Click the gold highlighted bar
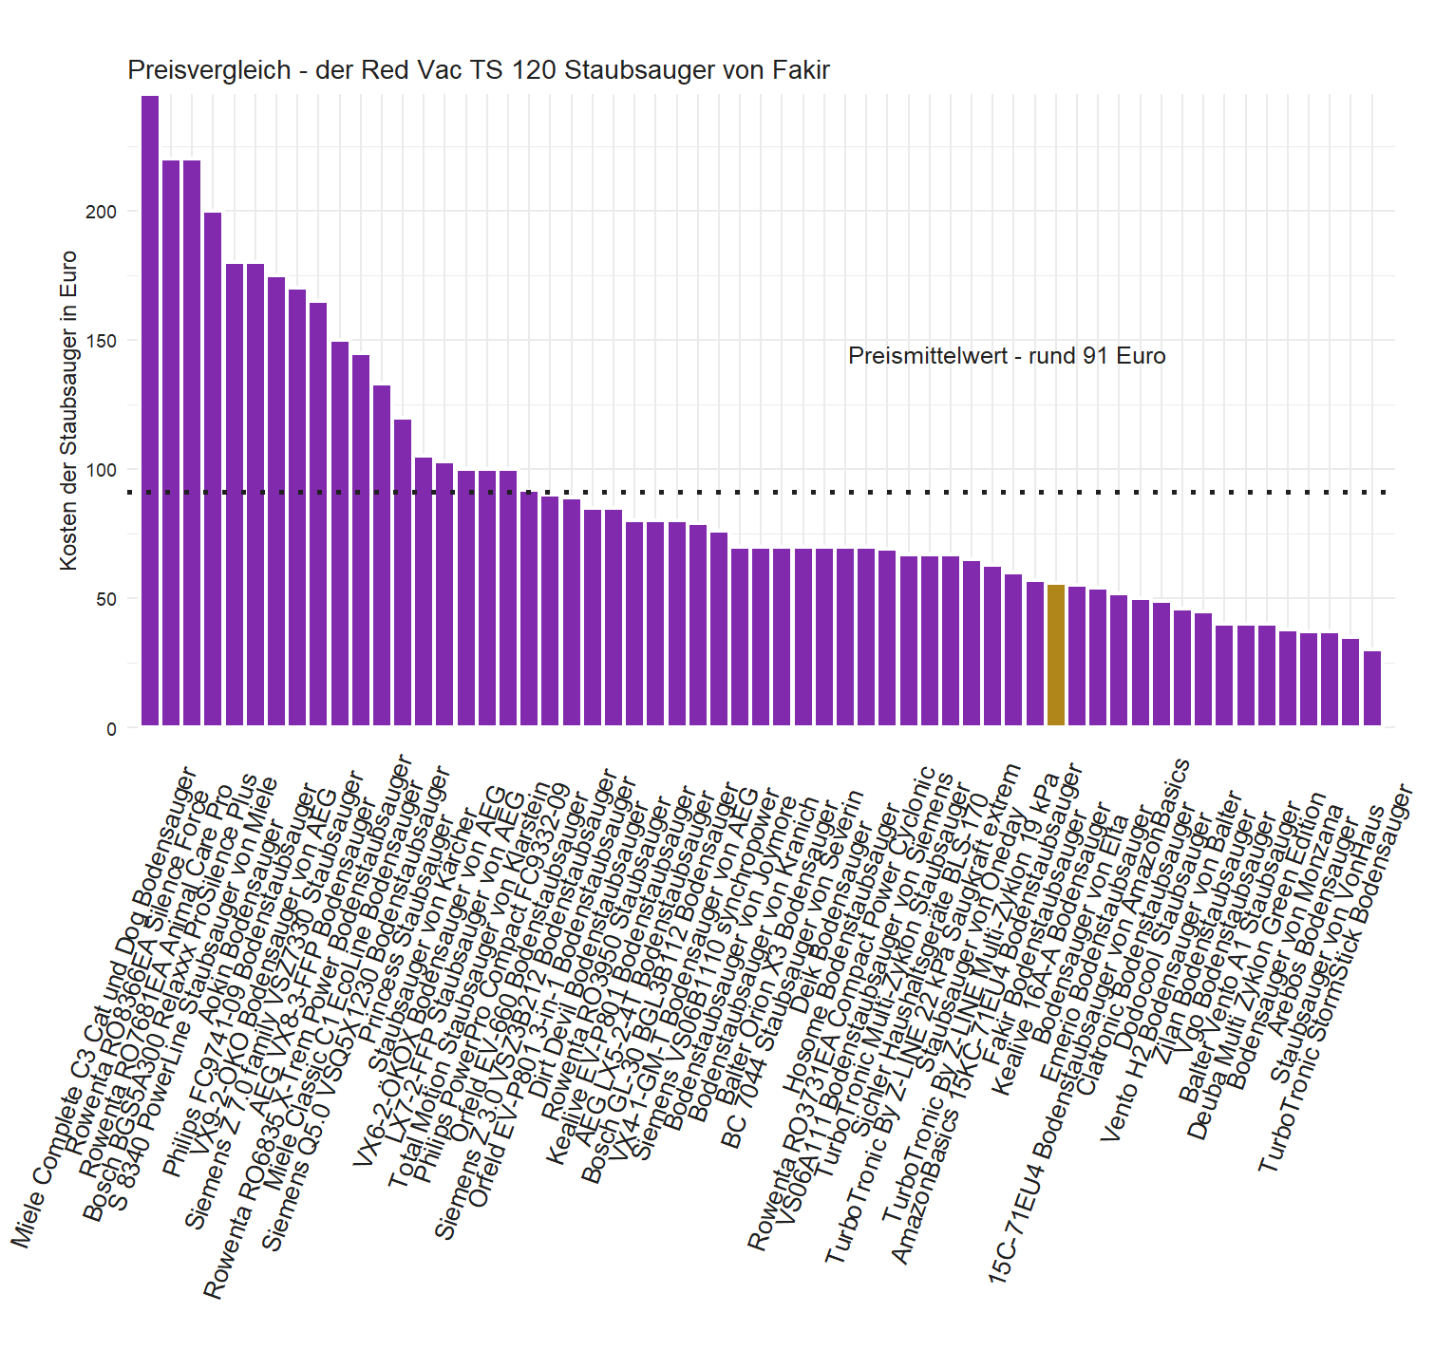tap(1055, 655)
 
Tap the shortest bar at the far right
tap(1372, 688)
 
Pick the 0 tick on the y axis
tap(111, 729)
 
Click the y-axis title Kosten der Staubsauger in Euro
tap(68, 410)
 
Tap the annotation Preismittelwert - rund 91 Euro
tap(1007, 356)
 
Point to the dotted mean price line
tap(760, 492)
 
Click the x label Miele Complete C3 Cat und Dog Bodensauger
tap(104, 1006)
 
